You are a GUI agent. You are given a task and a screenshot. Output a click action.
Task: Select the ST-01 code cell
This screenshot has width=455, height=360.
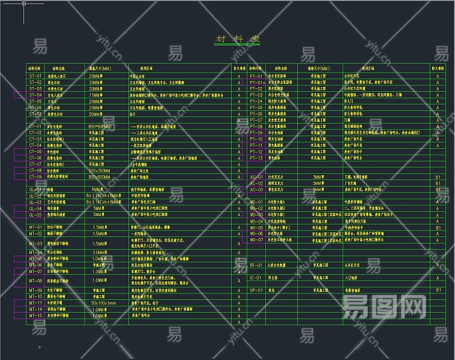(x=35, y=76)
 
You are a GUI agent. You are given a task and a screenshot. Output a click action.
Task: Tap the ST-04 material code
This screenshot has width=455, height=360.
(x=35, y=95)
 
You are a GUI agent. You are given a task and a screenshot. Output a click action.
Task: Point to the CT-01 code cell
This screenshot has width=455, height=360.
(x=35, y=127)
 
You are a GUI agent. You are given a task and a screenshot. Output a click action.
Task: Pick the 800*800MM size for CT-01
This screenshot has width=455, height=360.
(x=99, y=127)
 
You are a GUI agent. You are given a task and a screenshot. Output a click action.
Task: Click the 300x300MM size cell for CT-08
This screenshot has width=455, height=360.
(x=99, y=170)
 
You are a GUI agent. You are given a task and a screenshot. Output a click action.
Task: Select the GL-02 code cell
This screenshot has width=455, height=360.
(x=35, y=196)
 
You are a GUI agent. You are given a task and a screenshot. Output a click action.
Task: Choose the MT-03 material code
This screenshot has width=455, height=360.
(x=35, y=244)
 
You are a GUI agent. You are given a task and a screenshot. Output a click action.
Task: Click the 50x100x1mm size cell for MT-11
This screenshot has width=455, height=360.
(x=103, y=303)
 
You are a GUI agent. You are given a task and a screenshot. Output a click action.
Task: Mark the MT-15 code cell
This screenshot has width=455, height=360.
(x=35, y=315)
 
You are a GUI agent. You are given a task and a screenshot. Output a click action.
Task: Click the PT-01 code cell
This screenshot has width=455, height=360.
(x=256, y=76)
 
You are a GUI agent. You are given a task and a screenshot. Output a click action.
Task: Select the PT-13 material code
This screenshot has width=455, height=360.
(x=256, y=158)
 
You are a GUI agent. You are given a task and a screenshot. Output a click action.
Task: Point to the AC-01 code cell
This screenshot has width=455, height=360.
(x=256, y=177)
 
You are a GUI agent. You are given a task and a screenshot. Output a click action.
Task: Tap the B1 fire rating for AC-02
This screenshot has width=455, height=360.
(x=438, y=183)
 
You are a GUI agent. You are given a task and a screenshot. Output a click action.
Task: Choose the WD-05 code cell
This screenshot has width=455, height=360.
(x=256, y=227)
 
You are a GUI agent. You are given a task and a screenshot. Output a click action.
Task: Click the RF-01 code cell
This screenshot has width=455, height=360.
(x=256, y=265)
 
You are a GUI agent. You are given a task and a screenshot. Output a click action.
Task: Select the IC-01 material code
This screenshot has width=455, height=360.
(x=256, y=278)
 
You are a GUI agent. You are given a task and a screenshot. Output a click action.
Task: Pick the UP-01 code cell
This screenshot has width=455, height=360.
(x=256, y=290)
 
